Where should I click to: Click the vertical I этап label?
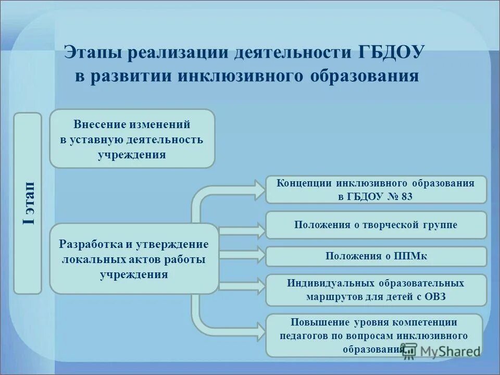(28, 203)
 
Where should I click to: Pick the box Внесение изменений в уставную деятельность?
(132, 139)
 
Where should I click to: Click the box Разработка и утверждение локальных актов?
(134, 258)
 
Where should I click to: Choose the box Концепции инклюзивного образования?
(376, 189)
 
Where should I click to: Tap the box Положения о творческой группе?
(376, 224)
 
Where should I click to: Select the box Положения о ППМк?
(376, 256)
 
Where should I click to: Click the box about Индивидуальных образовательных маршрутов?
(376, 290)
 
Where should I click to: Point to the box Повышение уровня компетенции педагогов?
(374, 335)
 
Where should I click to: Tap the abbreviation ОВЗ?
(435, 297)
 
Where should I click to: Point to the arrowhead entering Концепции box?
(259, 185)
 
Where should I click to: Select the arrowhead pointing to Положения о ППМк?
(259, 256)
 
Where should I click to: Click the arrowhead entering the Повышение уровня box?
(259, 327)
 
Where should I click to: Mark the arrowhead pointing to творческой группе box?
(259, 228)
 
